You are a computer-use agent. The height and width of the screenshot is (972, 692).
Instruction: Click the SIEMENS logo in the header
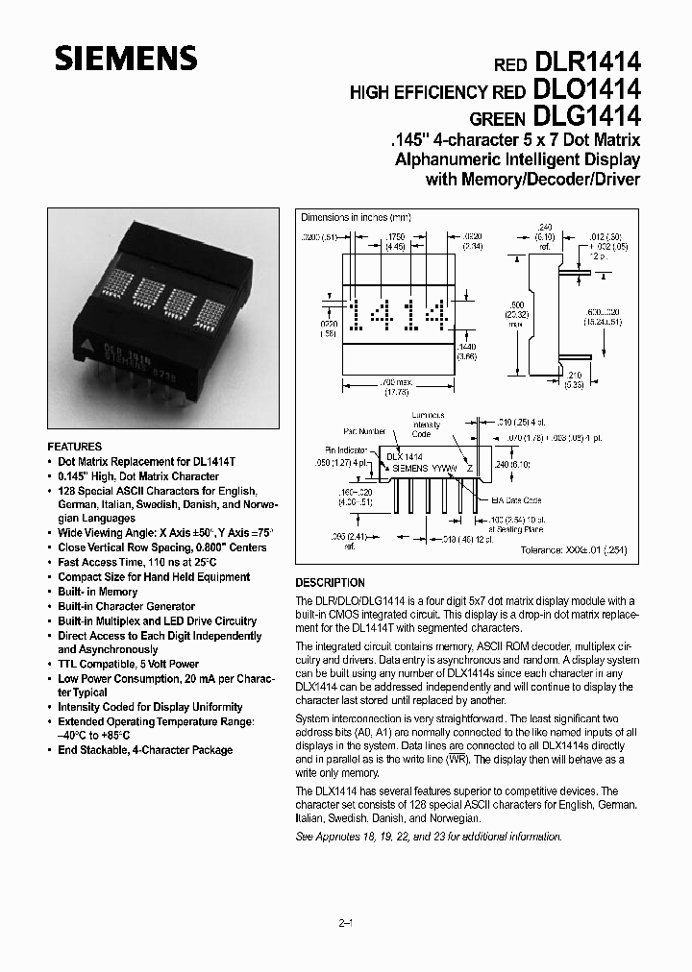tap(126, 60)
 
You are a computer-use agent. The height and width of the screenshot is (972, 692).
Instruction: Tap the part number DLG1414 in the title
tap(586, 116)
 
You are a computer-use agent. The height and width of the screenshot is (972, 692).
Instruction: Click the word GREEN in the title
tap(496, 118)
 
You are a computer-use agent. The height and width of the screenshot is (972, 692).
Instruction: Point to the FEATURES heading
tap(75, 447)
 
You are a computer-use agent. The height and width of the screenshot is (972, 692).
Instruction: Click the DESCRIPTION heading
tap(330, 583)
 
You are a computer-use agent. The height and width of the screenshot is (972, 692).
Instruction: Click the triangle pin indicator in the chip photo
tap(87, 340)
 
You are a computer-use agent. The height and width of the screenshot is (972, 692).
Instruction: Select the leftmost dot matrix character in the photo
tap(116, 285)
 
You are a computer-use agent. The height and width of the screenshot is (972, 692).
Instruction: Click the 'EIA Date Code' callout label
tap(518, 500)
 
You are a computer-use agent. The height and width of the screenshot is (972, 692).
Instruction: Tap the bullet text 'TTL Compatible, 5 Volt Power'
tap(128, 664)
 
